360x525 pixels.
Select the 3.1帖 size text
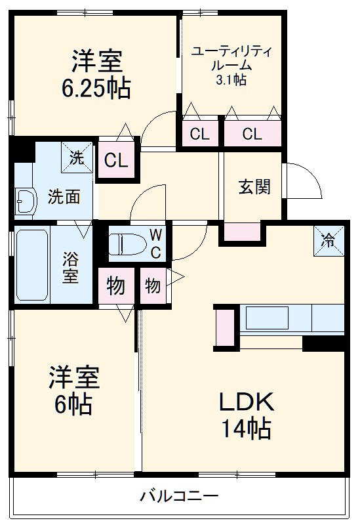click(231, 80)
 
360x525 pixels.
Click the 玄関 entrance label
click(254, 187)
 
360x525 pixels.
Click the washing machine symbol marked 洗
click(77, 157)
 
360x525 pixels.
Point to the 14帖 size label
click(245, 429)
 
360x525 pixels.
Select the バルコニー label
click(178, 497)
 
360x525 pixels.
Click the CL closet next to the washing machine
click(116, 159)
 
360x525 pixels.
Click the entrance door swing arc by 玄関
click(305, 180)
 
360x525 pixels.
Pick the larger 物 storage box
click(116, 287)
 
